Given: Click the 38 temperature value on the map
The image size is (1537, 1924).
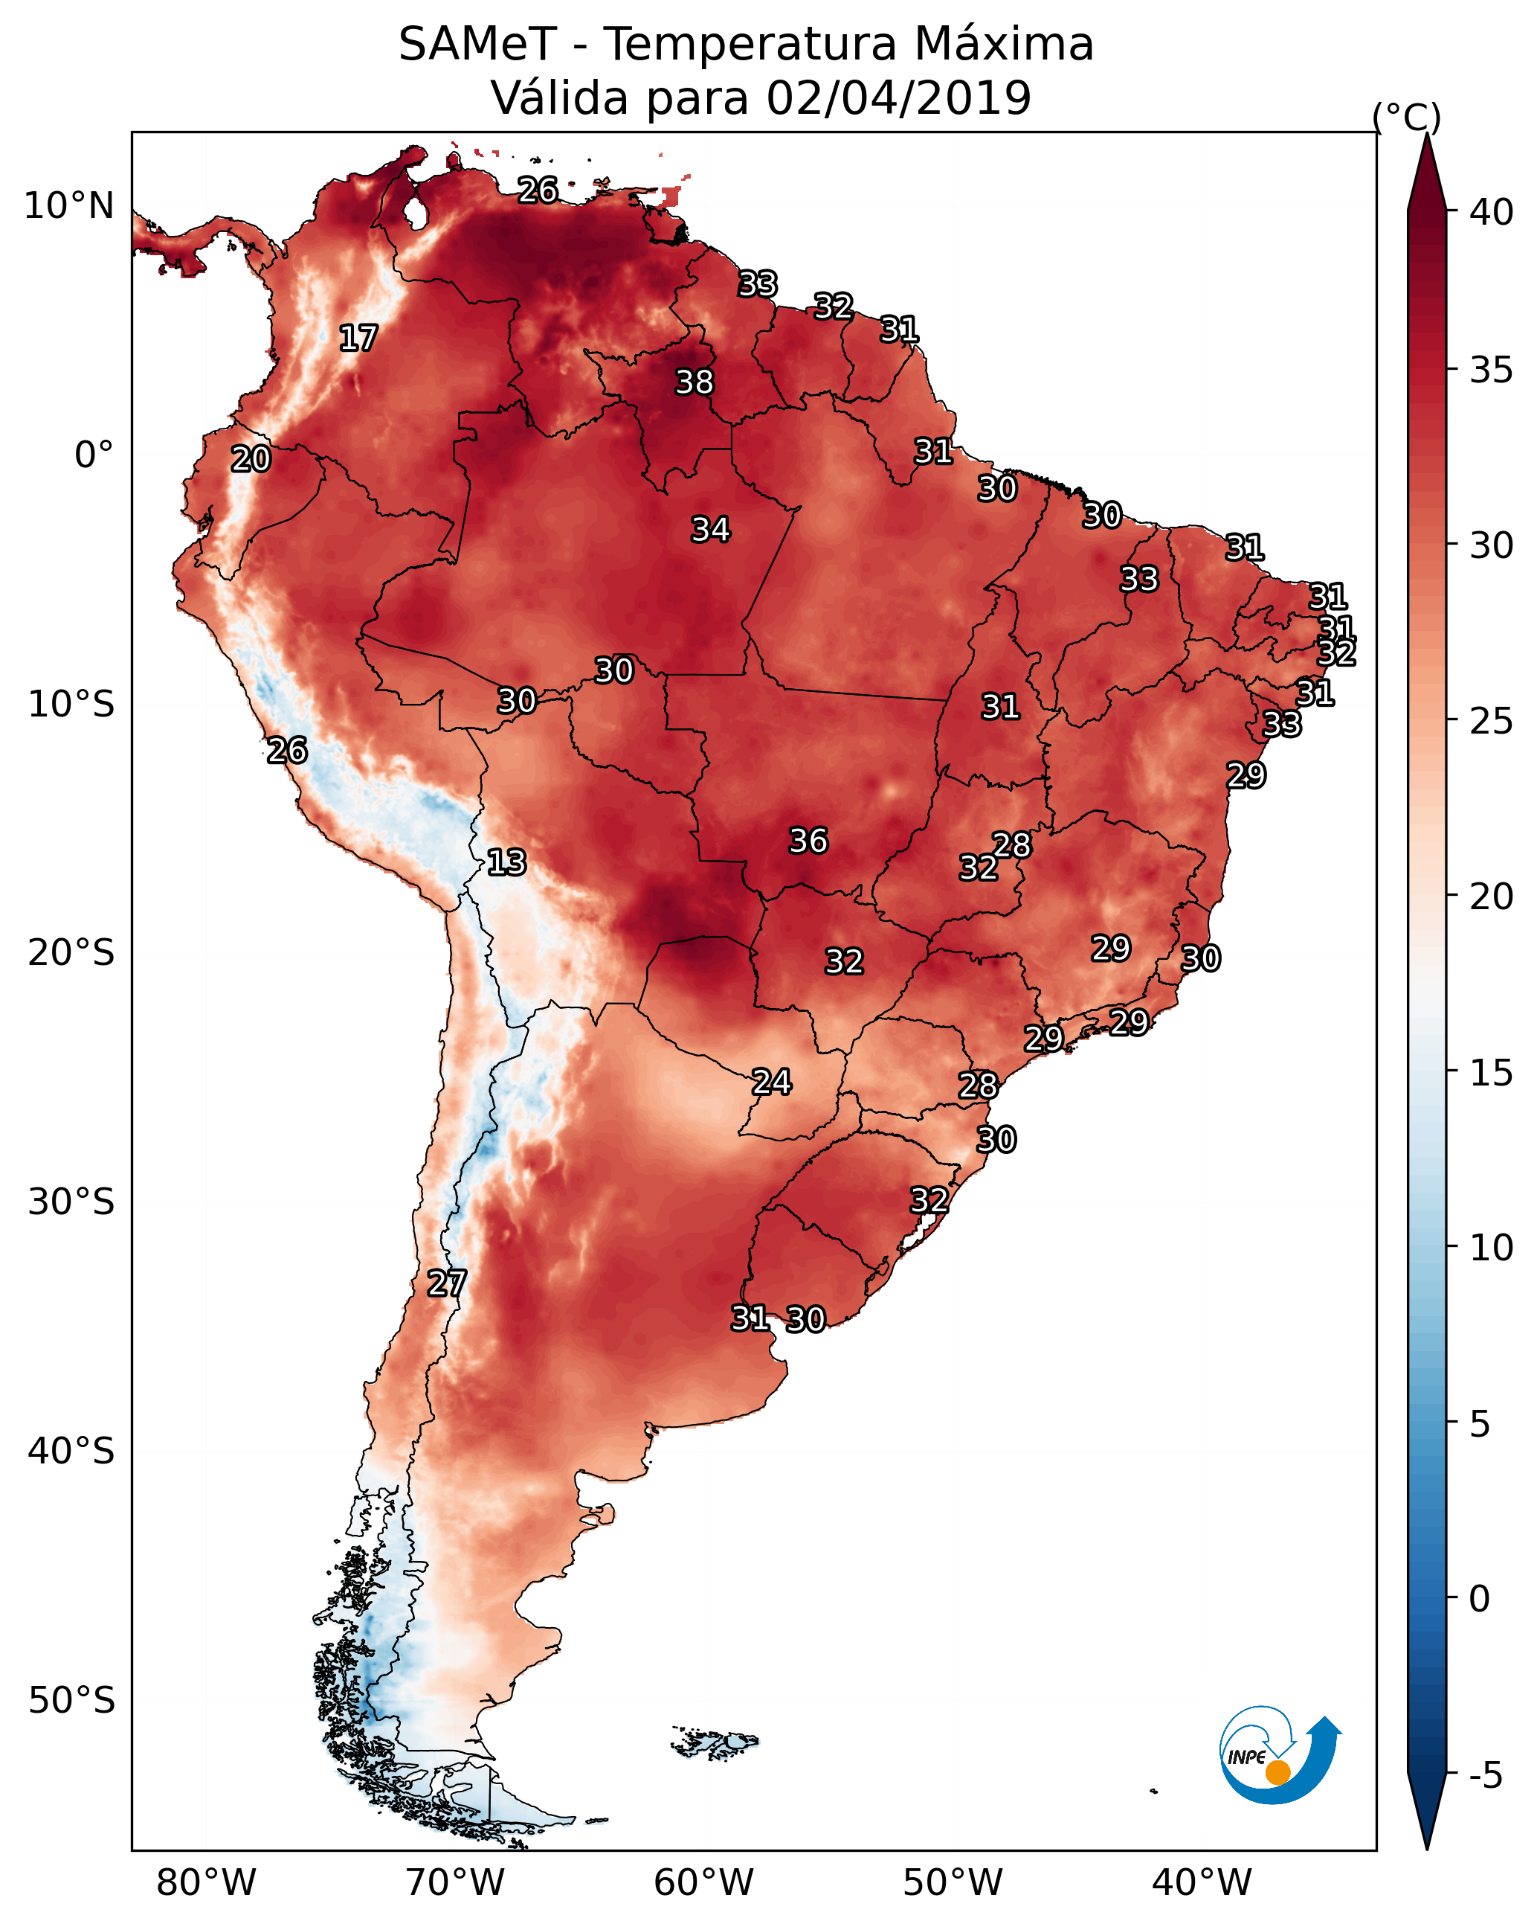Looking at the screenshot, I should [x=694, y=382].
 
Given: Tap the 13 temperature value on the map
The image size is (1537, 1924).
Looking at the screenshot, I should [x=506, y=862].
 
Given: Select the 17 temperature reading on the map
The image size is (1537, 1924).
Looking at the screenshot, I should [x=358, y=339].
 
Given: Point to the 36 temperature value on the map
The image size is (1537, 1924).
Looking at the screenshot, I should [x=808, y=841].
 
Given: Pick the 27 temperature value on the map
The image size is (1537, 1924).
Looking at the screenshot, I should [x=447, y=1283].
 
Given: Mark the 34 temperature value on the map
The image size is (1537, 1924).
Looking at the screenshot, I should [x=711, y=529].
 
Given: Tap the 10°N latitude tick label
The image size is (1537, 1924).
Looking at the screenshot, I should [x=68, y=206].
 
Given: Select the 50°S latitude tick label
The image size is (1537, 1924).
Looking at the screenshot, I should [x=71, y=1701].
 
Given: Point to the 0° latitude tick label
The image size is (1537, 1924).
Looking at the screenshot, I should [x=94, y=455].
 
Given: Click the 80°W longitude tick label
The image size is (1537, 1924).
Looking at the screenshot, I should [x=206, y=1883].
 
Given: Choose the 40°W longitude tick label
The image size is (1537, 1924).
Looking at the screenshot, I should [x=1202, y=1883].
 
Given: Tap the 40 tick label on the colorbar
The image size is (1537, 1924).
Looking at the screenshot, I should [x=1492, y=212].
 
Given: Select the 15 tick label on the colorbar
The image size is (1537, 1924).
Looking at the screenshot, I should [x=1492, y=1073].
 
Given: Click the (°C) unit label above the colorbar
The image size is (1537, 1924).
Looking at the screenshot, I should [x=1407, y=117].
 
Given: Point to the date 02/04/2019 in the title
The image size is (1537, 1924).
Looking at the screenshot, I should [x=898, y=97].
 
